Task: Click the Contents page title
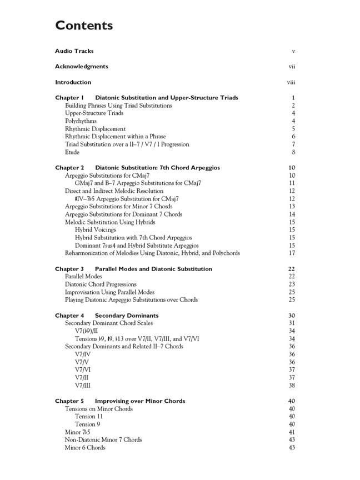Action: [84, 26]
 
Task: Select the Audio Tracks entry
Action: [74, 51]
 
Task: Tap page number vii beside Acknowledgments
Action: [292, 67]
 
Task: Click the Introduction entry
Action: [73, 82]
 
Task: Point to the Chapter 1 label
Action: [69, 98]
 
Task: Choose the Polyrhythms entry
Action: [81, 121]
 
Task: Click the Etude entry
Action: [72, 152]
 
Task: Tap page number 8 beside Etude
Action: [293, 152]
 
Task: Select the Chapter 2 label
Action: [69, 168]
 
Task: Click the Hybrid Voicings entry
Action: [96, 230]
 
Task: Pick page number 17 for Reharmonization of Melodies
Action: [292, 253]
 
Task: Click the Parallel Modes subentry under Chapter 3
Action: [83, 277]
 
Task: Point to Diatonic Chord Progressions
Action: [101, 284]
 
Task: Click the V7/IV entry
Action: [83, 354]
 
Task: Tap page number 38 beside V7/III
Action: [292, 386]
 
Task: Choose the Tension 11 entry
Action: [89, 417]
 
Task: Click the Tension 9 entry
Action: [87, 424]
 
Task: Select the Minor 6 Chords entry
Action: [85, 448]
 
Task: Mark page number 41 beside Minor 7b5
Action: [292, 432]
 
